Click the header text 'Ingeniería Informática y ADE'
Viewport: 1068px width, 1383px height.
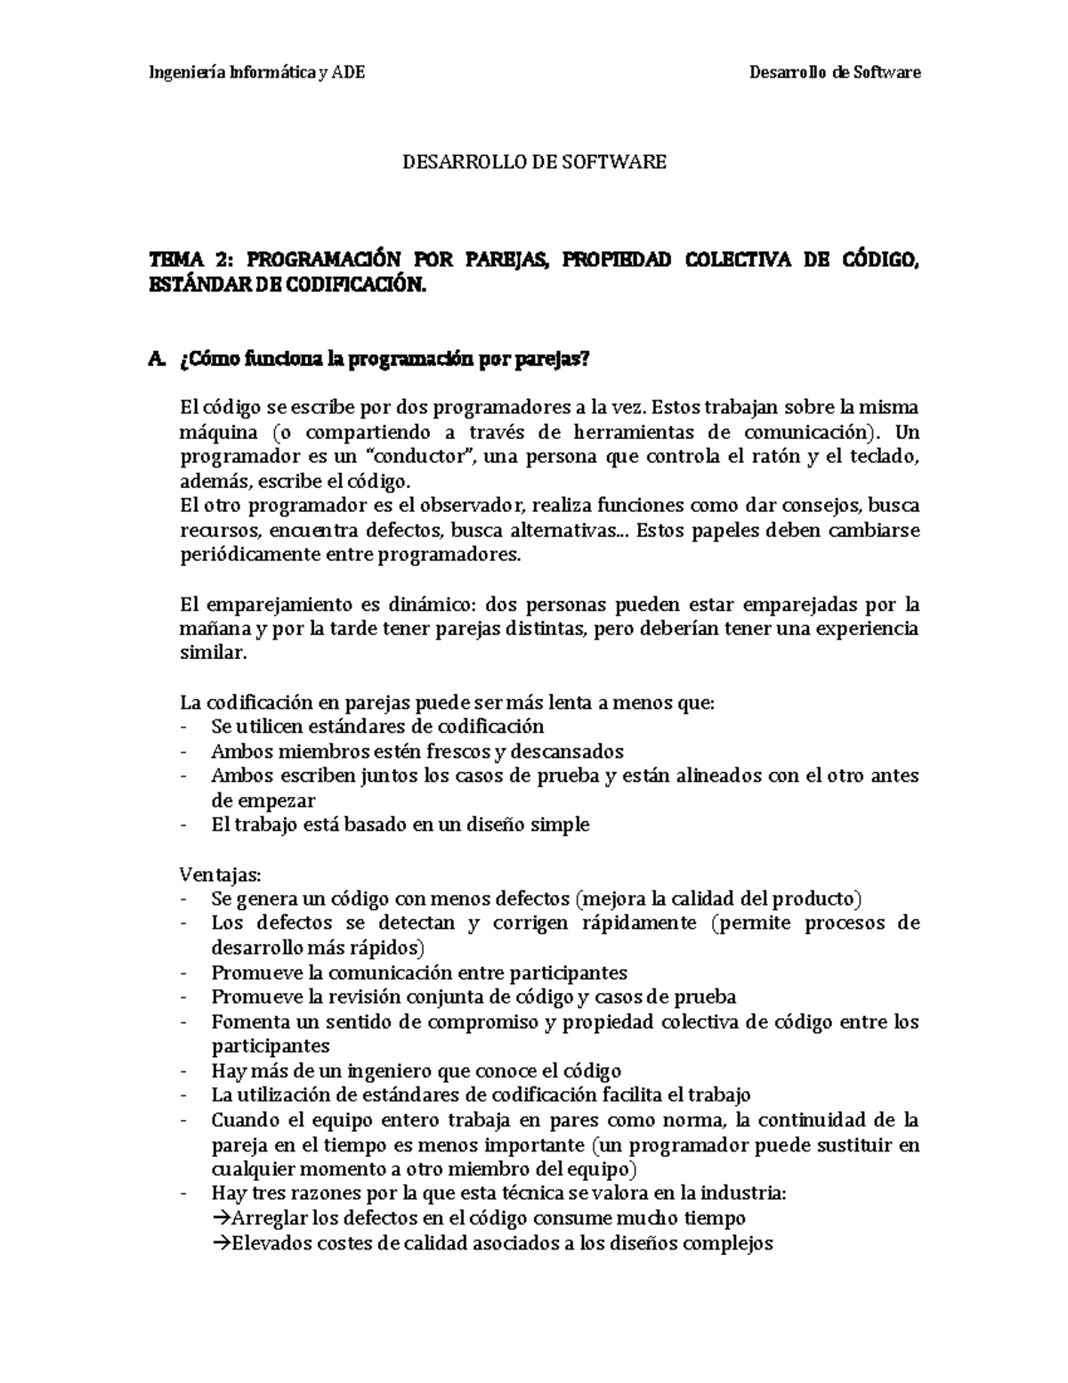255,72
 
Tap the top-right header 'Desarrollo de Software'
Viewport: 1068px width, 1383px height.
836,72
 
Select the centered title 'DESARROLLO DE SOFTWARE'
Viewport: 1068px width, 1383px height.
534,162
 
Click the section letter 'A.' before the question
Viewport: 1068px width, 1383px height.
158,359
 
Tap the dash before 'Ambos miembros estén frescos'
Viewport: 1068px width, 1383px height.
182,751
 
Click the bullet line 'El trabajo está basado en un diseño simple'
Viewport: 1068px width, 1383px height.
400,825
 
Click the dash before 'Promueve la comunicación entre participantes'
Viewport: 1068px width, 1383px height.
182,972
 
